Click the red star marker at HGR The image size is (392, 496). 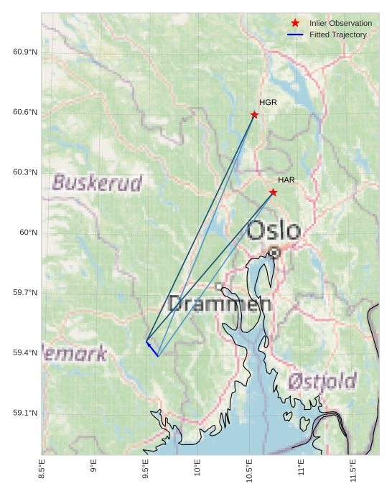[255, 115]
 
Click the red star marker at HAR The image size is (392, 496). [274, 192]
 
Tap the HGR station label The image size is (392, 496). [268, 103]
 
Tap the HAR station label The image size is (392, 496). [286, 179]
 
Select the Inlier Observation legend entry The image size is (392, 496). [340, 24]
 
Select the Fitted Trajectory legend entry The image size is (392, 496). [337, 34]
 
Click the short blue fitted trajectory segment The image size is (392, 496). [152, 349]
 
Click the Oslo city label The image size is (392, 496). [274, 231]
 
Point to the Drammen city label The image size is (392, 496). [220, 304]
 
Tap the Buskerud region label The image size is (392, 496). [97, 183]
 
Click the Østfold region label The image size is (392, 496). [322, 381]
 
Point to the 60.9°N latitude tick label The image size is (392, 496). [25, 52]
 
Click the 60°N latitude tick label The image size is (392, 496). [28, 233]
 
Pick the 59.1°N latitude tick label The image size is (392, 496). [25, 413]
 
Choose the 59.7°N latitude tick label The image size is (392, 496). [25, 293]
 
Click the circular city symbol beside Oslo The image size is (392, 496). [274, 252]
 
